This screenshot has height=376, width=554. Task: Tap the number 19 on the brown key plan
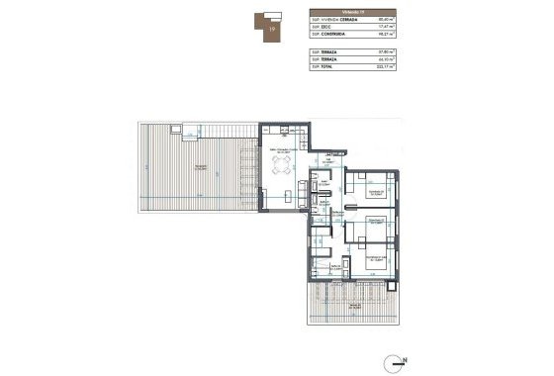pyautogui.click(x=273, y=30)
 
